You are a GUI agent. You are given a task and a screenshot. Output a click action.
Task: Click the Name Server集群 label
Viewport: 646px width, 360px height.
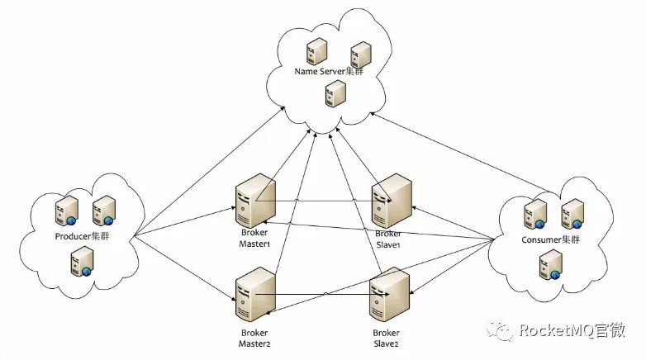[x=328, y=72]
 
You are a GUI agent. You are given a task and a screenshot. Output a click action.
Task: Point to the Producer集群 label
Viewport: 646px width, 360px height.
[x=83, y=237]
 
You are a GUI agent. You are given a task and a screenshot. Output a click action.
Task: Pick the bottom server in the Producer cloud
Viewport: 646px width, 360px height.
[x=81, y=263]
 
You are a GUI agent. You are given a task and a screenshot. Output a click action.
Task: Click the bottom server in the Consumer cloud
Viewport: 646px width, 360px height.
[x=546, y=265]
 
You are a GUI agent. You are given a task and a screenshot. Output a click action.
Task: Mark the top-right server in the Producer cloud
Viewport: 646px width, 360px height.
[x=103, y=211]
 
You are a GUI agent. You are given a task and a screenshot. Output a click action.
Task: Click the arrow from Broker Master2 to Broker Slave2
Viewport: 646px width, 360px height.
[x=318, y=295]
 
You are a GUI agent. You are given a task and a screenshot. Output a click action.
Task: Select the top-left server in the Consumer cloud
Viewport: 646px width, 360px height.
[x=533, y=214]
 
